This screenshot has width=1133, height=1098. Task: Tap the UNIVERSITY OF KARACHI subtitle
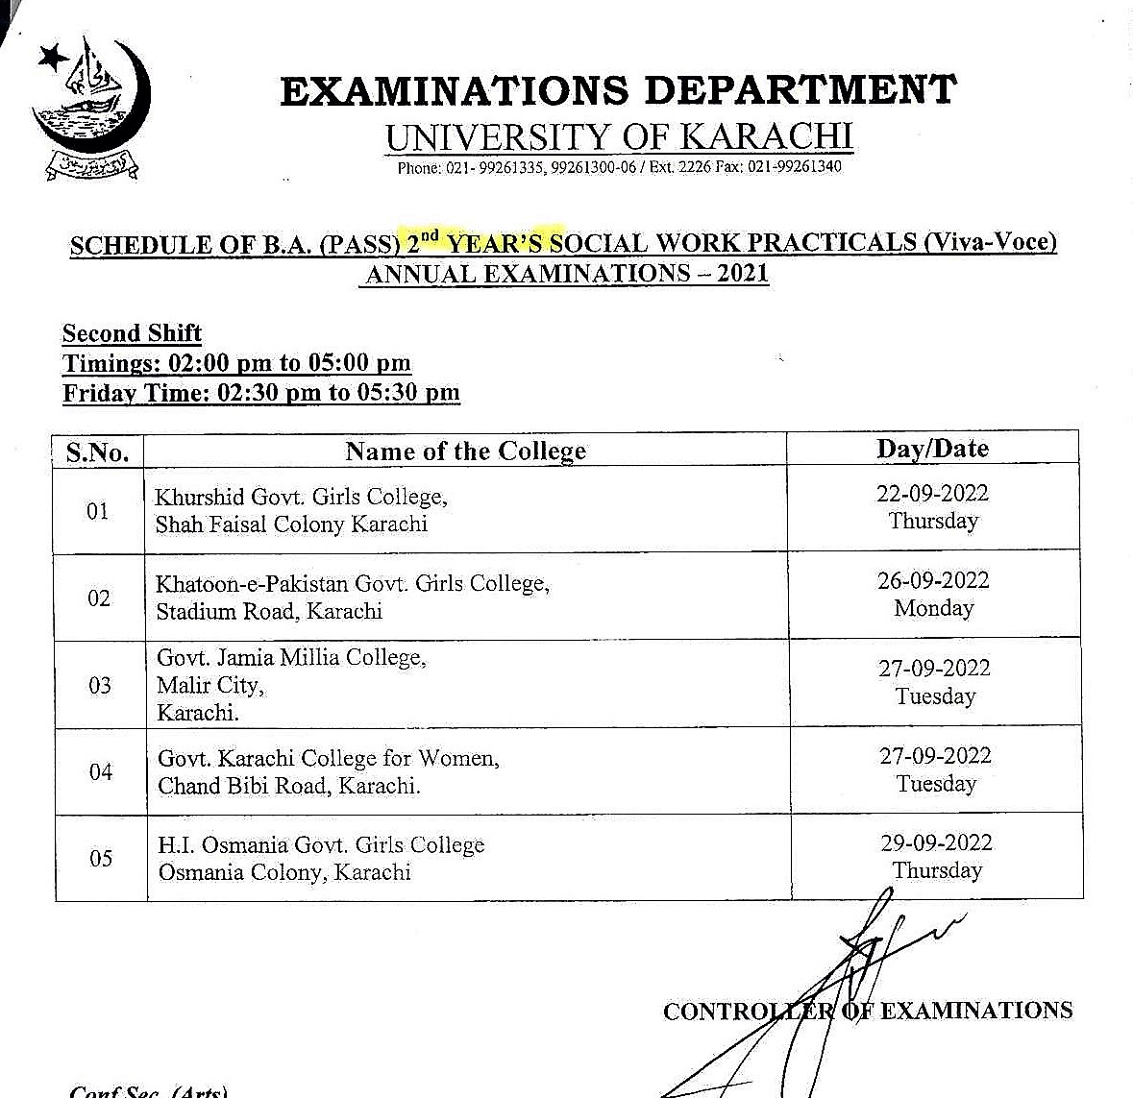(619, 136)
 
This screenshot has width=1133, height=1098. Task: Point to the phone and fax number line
(619, 167)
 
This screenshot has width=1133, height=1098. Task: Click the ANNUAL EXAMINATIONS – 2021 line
(567, 274)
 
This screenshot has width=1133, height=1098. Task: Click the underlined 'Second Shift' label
(132, 333)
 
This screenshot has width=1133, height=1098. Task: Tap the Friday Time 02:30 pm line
(261, 392)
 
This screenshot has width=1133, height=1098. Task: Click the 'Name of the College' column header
(465, 451)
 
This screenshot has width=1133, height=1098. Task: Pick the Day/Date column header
(932, 449)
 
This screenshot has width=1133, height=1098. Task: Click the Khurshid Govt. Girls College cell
(301, 510)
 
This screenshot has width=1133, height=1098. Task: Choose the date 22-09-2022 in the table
(932, 494)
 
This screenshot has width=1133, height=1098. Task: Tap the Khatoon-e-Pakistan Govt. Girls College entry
(353, 597)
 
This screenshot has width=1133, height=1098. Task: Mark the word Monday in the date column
(933, 608)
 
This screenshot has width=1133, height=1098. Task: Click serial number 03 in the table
(99, 686)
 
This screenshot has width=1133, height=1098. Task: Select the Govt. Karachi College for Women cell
(329, 771)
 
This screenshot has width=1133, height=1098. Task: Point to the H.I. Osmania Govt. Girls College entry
(321, 858)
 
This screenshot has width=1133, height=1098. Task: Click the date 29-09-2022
(936, 843)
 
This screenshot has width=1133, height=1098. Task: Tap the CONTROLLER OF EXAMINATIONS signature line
(867, 1011)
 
